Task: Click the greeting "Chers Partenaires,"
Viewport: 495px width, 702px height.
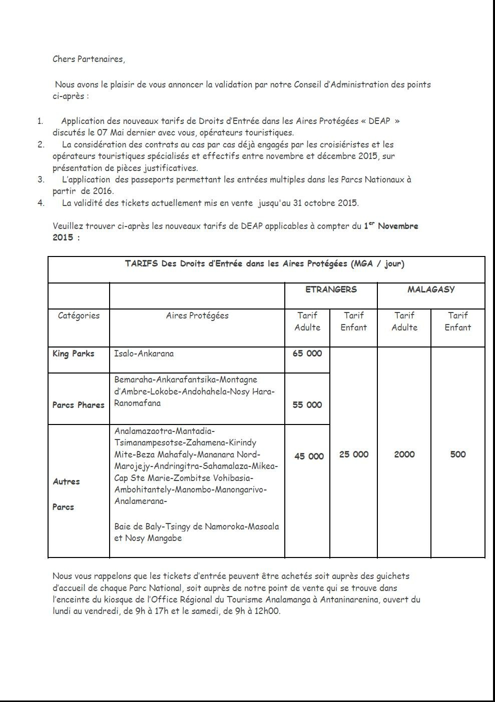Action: click(x=89, y=59)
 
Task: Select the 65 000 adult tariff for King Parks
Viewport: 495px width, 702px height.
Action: click(x=307, y=353)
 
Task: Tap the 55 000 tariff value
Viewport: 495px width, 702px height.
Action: click(x=307, y=405)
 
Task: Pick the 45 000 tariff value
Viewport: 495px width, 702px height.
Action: click(x=309, y=456)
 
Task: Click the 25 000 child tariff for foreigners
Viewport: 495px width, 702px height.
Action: click(x=354, y=454)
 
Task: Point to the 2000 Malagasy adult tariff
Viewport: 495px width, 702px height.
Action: click(x=404, y=454)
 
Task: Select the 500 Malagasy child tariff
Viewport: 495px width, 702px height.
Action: click(x=458, y=454)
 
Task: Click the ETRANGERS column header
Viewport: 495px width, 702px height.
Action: click(x=331, y=289)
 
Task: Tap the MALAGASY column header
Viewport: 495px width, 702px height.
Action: click(x=431, y=289)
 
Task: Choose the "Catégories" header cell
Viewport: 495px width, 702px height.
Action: click(x=79, y=315)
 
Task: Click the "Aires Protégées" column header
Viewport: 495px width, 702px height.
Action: click(x=197, y=315)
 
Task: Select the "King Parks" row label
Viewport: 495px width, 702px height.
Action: click(x=73, y=353)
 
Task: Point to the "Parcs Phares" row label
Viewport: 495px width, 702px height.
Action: click(x=79, y=405)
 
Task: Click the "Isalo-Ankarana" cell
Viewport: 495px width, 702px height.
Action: click(x=144, y=353)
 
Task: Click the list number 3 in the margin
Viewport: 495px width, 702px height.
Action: click(x=41, y=179)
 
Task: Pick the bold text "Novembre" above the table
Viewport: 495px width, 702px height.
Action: click(x=398, y=226)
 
